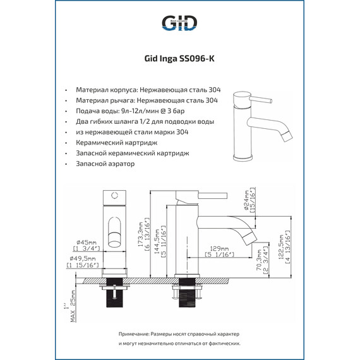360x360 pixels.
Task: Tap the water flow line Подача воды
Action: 139,111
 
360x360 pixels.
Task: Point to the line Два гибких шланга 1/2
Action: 144,121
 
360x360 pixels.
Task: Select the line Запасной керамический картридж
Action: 132,153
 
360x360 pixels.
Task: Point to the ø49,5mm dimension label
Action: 83,258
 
